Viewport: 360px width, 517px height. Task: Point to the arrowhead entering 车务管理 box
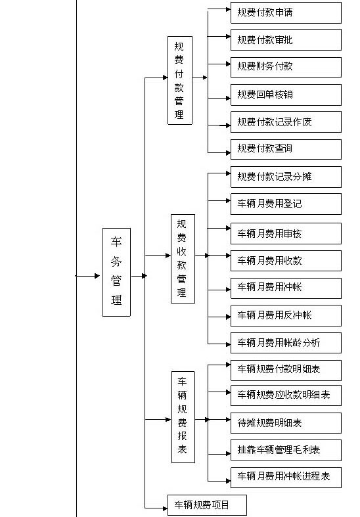point(97,276)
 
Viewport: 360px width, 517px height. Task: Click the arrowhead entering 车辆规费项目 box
point(165,508)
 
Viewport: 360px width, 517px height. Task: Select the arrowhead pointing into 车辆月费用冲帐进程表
point(228,481)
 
